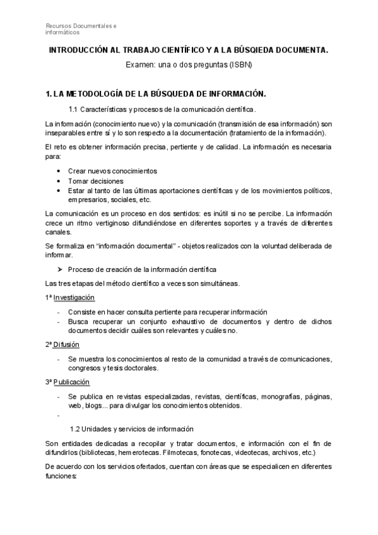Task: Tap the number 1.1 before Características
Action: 73,110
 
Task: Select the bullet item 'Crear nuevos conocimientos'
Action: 112,171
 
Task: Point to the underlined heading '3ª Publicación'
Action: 67,382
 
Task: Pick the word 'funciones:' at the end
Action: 61,476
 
